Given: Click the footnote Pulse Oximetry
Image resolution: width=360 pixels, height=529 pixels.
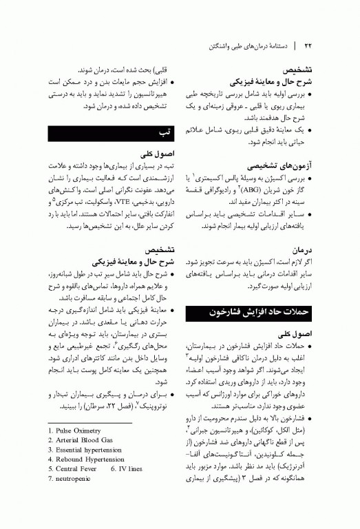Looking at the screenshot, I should click(78, 430).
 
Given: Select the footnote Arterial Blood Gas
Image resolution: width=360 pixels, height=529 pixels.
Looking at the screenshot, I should click(83, 439).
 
